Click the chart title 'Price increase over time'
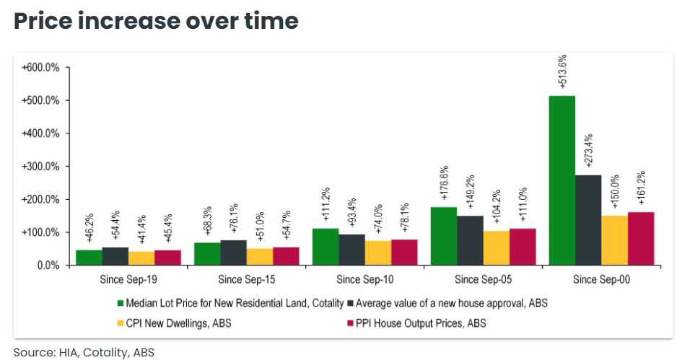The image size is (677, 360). pyautogui.click(x=156, y=21)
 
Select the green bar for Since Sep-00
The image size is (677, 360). pyautogui.click(x=562, y=180)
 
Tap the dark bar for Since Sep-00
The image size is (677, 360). pyautogui.click(x=588, y=220)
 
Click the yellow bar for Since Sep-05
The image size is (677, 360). pyautogui.click(x=496, y=247)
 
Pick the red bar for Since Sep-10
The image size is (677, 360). pyautogui.click(x=404, y=252)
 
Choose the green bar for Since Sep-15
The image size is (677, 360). pyautogui.click(x=207, y=254)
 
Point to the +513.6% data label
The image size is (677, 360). pyautogui.click(x=563, y=71)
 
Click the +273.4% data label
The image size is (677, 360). pyautogui.click(x=588, y=150)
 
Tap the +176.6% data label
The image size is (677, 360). pyautogui.click(x=444, y=183)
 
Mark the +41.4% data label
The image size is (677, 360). pyautogui.click(x=141, y=229)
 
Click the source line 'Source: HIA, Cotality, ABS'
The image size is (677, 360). pyautogui.click(x=84, y=352)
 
